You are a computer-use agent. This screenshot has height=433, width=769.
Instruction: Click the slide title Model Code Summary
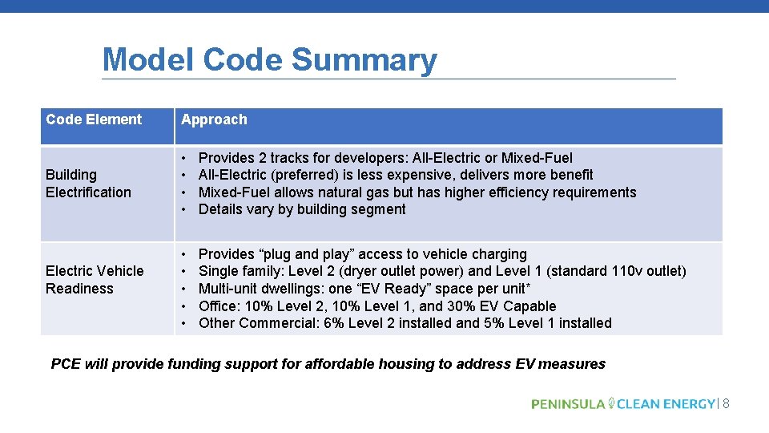click(x=270, y=60)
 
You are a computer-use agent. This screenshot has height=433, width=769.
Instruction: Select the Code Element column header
click(x=94, y=119)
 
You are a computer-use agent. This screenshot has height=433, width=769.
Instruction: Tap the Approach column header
click(x=214, y=119)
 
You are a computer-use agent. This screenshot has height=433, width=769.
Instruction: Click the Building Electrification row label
click(x=88, y=183)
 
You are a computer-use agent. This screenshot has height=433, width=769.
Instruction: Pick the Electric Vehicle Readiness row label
click(x=95, y=279)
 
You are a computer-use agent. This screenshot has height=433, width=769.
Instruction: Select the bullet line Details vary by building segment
click(x=302, y=209)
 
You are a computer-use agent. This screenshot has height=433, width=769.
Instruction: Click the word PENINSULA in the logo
click(x=568, y=403)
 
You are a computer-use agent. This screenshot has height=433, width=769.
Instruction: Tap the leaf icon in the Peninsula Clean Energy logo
click(x=611, y=403)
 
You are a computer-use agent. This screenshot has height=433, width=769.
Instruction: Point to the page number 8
click(x=726, y=403)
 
